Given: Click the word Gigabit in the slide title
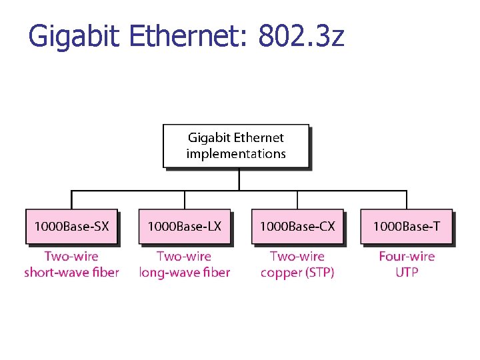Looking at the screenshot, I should coord(74,36).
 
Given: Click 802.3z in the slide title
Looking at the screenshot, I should coord(301,36).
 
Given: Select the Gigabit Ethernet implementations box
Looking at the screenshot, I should coord(236,145).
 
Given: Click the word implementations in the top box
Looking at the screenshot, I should coord(236,154).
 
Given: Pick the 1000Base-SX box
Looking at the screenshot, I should coord(71,227).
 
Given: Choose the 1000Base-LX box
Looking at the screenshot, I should coord(184,227).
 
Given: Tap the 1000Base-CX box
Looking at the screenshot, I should coord(297,227).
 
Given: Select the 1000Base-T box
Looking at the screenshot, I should coord(406,227).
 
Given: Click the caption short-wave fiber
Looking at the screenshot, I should coord(71,272).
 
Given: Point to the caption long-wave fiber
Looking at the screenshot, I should coord(184,272).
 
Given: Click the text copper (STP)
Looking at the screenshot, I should coord(297,272).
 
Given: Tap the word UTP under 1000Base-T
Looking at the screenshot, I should coord(406,272).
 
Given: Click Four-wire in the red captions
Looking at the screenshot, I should coord(406,256).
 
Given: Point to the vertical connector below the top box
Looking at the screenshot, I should coord(238,179).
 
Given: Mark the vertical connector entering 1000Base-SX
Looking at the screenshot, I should coord(71,200).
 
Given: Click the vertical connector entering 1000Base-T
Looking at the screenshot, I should coord(406,200).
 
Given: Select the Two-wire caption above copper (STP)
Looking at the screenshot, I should coord(297,256).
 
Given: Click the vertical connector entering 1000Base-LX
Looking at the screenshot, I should coord(184,200).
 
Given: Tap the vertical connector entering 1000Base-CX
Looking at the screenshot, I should coord(297,200).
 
